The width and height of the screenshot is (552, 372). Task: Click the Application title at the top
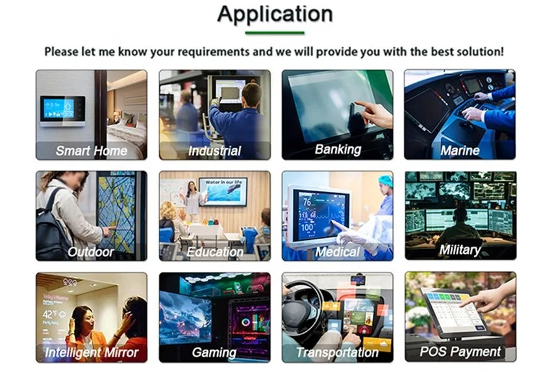pos(275,14)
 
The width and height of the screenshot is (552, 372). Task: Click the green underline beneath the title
pos(275,33)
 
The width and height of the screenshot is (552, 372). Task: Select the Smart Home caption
pos(92,151)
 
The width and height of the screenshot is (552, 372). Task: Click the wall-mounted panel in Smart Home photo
pos(62,110)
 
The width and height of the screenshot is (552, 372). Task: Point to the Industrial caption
pos(214,151)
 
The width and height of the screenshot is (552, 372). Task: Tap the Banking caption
pos(337,150)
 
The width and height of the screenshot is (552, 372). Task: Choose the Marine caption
pos(460,151)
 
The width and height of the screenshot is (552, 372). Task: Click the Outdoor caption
pos(92,252)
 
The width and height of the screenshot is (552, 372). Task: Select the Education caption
pos(215,252)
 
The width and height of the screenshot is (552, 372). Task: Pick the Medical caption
pos(337,252)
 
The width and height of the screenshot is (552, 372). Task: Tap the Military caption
pos(460,250)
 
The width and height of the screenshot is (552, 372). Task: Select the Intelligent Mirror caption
pos(92,352)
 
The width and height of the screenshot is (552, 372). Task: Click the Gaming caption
pos(214,352)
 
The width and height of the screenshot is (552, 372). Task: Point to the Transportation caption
pos(337,352)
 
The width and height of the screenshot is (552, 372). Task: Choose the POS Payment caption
pos(460,352)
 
